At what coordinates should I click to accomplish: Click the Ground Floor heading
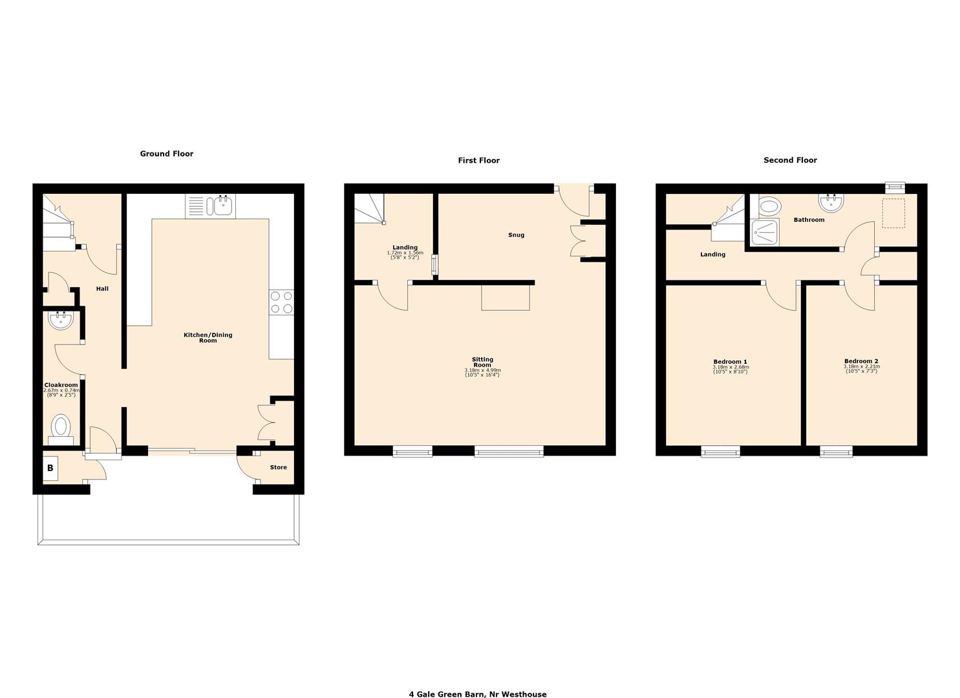point(167,154)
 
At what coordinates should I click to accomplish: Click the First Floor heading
point(478,160)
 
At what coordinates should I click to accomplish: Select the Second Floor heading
point(790,160)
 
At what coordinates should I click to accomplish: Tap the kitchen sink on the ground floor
point(222,206)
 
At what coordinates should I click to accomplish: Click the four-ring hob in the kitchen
point(281,302)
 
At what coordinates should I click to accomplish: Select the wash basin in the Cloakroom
point(61,319)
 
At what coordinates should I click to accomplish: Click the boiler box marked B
point(50,468)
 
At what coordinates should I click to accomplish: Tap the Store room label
point(278,467)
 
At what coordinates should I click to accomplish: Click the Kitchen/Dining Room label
point(208,337)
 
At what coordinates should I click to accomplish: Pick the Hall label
point(102,289)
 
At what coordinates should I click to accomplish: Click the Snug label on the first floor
point(516,235)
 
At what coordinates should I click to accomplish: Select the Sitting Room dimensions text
point(482,372)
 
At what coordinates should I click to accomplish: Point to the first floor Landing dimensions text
point(405,255)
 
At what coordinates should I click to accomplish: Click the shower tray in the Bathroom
point(764,233)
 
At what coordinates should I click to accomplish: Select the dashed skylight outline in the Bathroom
point(894,213)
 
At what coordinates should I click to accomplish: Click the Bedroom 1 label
point(730,362)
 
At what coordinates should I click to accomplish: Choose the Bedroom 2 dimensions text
point(861,369)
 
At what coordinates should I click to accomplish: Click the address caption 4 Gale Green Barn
point(477,694)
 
